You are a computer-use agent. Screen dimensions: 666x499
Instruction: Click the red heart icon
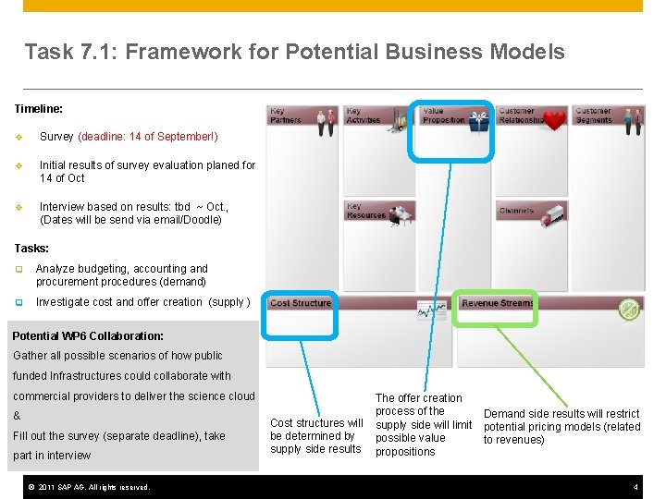pos(554,120)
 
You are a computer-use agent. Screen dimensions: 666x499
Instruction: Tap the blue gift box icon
pos(478,120)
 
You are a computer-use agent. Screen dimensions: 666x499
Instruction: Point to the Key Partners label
pos(285,116)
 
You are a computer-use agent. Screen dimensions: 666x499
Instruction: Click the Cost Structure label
pos(300,303)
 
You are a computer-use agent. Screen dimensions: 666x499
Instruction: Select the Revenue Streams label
pos(498,303)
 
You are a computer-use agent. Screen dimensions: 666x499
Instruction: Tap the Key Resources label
pos(365,211)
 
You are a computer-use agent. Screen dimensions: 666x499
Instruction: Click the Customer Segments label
pos(593,116)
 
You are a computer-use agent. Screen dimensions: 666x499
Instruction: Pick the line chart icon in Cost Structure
pos(431,311)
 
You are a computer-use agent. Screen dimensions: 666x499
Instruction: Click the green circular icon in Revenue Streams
pos(628,310)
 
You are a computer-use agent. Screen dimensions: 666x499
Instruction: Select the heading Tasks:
pos(32,249)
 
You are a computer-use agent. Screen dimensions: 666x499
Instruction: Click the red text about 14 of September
pos(148,137)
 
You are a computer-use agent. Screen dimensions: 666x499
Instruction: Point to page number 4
pos(635,487)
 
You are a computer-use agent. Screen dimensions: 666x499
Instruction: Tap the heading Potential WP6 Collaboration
pos(88,336)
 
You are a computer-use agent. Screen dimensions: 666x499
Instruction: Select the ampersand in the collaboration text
pos(17,416)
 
